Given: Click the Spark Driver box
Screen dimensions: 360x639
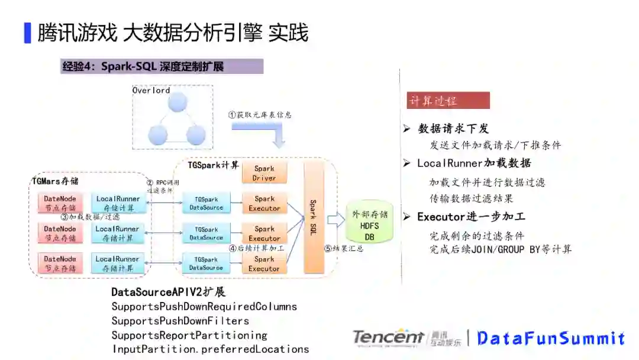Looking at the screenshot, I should click(264, 173).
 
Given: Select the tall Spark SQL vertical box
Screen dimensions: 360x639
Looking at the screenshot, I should click(314, 217).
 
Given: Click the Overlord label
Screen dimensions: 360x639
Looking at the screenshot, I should click(151, 90).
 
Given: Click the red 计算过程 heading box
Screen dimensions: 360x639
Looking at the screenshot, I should click(448, 101).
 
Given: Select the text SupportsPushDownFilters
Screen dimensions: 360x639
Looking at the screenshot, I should click(180, 321).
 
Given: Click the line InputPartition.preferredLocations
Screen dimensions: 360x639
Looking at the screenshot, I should click(210, 349).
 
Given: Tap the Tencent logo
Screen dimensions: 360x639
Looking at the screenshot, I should click(388, 337).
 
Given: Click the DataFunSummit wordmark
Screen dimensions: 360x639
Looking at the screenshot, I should click(551, 338).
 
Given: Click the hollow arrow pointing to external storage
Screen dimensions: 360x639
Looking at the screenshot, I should click(335, 220).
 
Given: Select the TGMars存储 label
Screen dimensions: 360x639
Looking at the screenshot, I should click(55, 181).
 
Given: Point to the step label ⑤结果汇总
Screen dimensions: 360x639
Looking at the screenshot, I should click(344, 249).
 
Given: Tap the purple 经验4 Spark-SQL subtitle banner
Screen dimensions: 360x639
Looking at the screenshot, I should click(162, 66).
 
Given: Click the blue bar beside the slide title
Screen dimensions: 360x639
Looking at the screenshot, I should click(27, 33).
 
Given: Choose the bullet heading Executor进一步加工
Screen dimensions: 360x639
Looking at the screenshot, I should click(470, 217).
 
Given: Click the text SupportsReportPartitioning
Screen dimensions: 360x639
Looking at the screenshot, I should click(189, 335).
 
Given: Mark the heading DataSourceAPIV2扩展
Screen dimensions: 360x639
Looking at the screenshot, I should click(168, 292).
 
